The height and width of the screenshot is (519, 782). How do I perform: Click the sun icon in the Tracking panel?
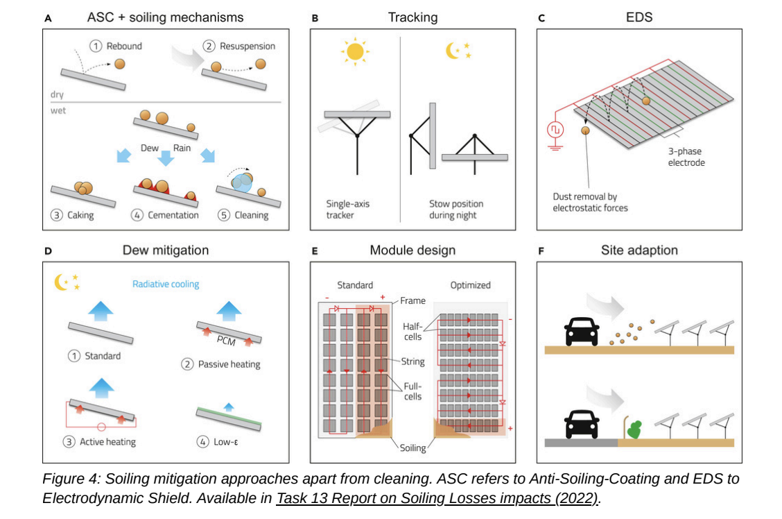pos(354,52)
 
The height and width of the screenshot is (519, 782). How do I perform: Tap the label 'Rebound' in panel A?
pos(123,46)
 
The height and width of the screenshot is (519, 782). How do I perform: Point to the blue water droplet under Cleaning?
pos(243,182)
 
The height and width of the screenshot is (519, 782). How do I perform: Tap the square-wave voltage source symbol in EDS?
pos(556,129)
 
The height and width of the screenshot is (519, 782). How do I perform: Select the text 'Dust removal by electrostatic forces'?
pos(590,202)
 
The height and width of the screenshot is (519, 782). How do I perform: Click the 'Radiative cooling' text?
pos(166,284)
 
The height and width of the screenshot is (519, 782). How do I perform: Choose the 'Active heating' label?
pos(107,441)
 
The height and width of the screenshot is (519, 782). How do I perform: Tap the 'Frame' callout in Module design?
pos(412,301)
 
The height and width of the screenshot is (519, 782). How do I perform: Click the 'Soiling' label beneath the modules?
pos(412,448)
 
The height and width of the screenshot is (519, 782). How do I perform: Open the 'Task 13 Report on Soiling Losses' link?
pos(437,498)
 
